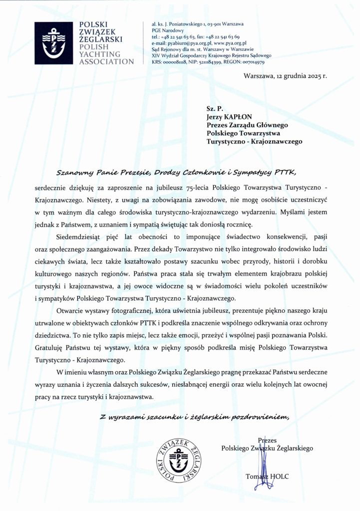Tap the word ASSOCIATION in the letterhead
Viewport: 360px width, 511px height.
click(x=103, y=61)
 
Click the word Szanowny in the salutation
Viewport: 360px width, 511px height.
click(x=74, y=173)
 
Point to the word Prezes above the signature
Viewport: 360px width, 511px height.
click(x=267, y=440)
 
